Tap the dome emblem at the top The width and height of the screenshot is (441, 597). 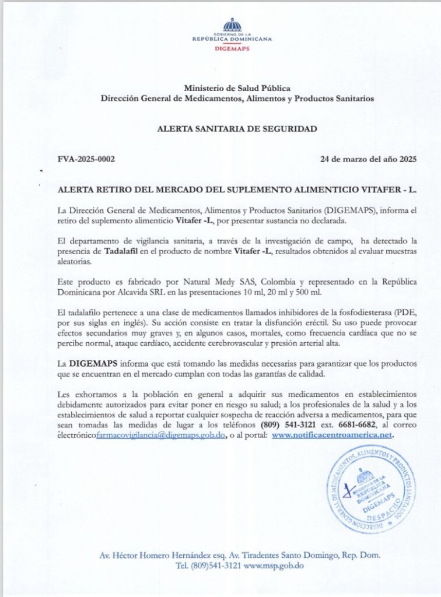[232, 25]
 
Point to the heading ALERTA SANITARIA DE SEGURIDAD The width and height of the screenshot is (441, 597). [237, 129]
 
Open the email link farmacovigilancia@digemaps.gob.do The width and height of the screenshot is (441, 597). [170, 435]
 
